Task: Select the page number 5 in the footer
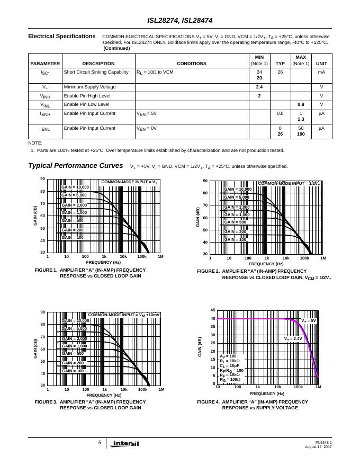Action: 99,443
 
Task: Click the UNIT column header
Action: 321,64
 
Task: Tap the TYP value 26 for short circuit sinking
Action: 280,72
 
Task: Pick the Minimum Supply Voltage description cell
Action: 89,87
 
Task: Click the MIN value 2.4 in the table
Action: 259,87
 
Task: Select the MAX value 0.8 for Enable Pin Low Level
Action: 301,104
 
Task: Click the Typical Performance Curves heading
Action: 76,166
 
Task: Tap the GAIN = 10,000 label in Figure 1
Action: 75,187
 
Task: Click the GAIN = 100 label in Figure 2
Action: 235,239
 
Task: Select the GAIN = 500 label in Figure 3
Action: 73,353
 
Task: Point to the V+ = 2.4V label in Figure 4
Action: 293,338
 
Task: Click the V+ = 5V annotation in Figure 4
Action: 309,321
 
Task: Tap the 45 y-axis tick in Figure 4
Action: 213,310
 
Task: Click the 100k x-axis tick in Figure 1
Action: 141,256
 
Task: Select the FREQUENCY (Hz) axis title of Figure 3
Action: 104,395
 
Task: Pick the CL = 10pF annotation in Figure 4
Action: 229,365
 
